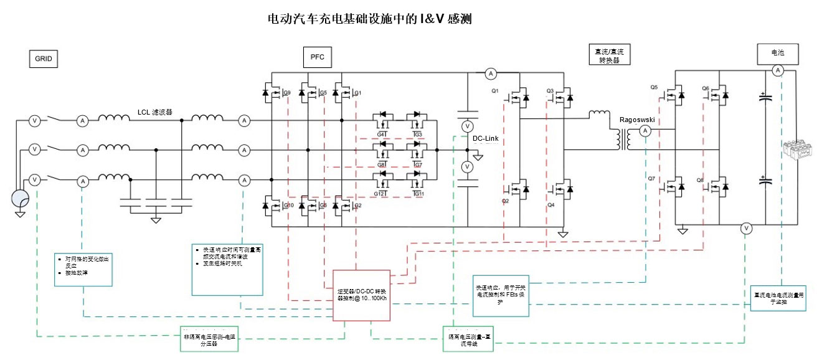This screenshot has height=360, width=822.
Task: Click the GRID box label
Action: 42,59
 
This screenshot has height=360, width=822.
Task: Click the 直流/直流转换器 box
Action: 609,55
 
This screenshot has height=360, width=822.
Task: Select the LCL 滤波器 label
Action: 154,112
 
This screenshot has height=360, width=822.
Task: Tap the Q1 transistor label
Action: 495,91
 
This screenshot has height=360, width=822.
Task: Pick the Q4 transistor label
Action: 550,204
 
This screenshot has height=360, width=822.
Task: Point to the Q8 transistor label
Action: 700,181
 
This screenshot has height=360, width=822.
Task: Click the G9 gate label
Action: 288,93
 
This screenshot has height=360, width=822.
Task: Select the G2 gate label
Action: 357,206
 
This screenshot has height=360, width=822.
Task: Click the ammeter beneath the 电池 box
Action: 778,72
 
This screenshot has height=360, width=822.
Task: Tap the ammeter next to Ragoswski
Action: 646,130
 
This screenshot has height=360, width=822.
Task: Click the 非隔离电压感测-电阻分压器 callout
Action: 211,336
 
